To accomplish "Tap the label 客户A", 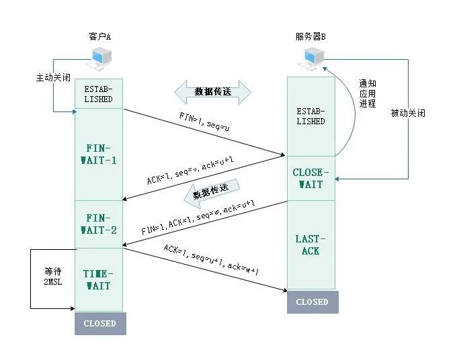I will click(x=99, y=36).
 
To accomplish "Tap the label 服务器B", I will click(x=311, y=36).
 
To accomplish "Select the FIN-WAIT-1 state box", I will click(x=99, y=154).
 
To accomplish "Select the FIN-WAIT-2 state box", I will click(x=99, y=224).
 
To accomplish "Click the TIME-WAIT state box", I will click(x=99, y=280).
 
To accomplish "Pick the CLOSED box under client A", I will click(x=99, y=323).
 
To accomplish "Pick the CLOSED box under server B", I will click(x=312, y=302).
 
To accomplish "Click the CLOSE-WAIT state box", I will click(x=310, y=178).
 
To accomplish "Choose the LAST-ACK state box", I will click(x=310, y=244).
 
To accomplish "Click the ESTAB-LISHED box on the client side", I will click(x=99, y=94).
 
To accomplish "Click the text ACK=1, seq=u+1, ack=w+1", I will click(x=211, y=259).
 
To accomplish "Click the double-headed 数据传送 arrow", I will click(x=212, y=91).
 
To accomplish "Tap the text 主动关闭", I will click(x=52, y=77).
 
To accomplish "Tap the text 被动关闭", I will click(x=407, y=113).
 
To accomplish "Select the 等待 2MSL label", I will click(x=53, y=278).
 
